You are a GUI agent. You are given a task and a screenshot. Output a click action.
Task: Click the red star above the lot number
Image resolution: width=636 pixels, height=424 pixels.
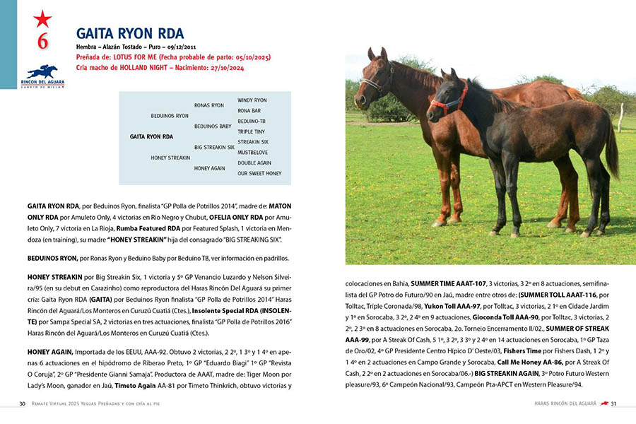42,18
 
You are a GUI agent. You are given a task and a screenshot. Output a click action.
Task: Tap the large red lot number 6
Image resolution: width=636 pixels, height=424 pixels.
42,42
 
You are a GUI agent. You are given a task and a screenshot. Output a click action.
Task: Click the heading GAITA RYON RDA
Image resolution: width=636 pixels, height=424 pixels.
129,33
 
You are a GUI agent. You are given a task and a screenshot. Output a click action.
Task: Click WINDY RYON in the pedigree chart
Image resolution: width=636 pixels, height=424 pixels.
252,100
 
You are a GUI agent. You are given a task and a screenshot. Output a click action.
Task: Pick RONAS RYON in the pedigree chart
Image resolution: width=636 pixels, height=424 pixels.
208,105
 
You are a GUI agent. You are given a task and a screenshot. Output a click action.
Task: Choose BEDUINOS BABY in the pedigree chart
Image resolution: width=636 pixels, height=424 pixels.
213,126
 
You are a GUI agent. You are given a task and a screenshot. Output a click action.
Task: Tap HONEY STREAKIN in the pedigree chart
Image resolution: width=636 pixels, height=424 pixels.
170,158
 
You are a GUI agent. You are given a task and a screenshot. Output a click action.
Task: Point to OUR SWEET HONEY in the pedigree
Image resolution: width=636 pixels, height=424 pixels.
259,173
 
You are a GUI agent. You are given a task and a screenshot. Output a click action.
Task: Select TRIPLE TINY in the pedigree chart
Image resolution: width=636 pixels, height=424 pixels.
251,131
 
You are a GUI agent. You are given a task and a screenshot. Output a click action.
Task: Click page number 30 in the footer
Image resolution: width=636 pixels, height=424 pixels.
23,404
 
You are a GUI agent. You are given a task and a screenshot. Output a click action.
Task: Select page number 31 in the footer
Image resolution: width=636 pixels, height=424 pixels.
614,404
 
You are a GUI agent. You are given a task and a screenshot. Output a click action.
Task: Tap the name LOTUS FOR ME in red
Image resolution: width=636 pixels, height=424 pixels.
155,57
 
